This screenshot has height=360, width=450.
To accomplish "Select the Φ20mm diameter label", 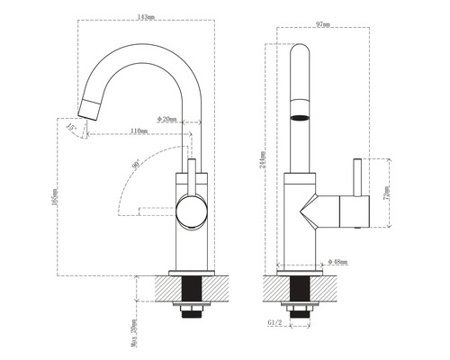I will (167, 119).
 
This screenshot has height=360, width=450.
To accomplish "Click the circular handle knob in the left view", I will (191, 212).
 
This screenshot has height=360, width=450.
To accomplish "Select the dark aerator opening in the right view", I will (301, 116).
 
